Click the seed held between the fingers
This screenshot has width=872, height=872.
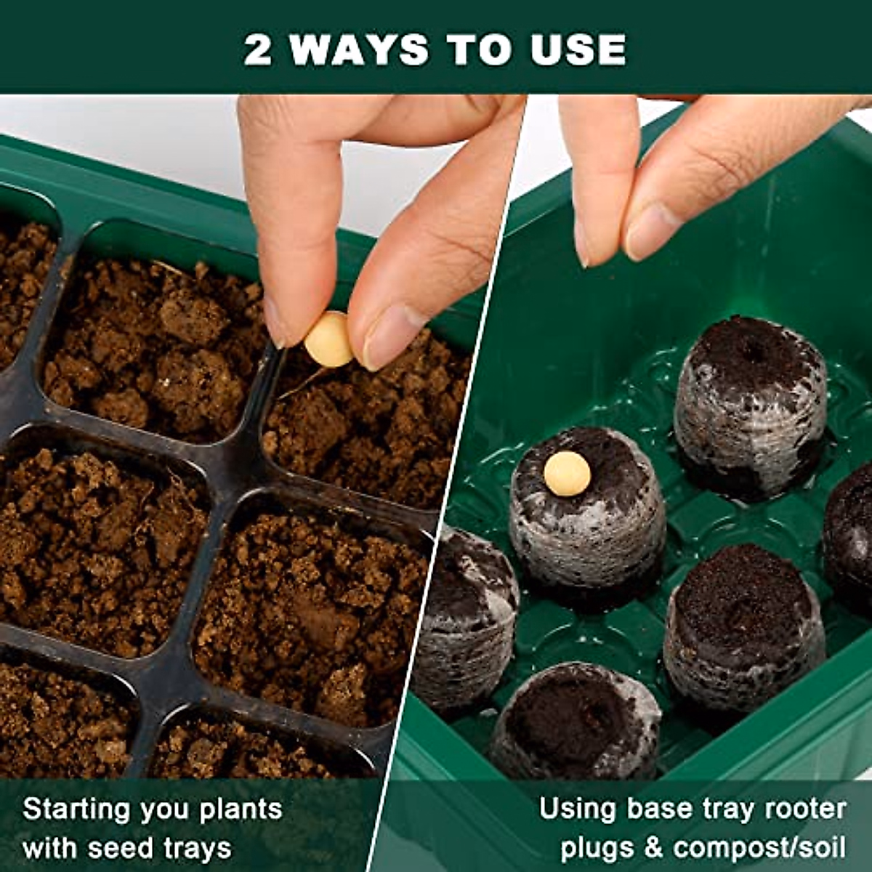(328, 340)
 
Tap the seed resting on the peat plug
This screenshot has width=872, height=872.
(567, 474)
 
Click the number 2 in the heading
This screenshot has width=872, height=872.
(257, 49)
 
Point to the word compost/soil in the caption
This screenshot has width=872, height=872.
(760, 848)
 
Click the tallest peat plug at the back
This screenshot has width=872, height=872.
(750, 407)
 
